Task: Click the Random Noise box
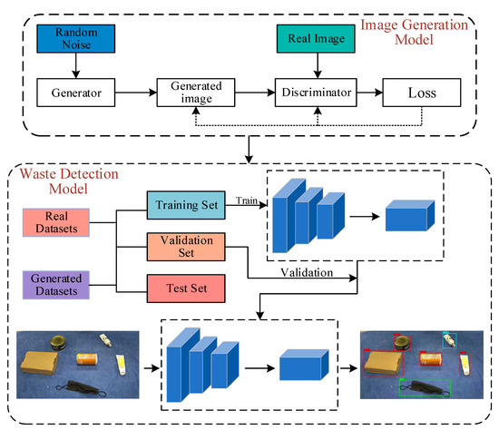[x=76, y=38]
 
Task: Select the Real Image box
[x=316, y=38]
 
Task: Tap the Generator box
[x=76, y=93]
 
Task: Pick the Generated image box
[x=196, y=93]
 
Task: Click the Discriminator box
[x=316, y=93]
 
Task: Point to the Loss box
[x=422, y=93]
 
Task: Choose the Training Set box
[x=186, y=205]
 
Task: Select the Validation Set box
[x=186, y=247]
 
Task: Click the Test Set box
[x=186, y=288]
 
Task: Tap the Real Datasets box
[x=56, y=222]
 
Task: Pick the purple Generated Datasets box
[x=56, y=285]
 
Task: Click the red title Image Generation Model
[x=414, y=32]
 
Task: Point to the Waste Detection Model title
[x=69, y=181]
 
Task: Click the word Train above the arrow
[x=247, y=200]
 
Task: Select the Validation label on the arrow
[x=307, y=272]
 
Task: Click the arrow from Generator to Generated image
[x=136, y=93]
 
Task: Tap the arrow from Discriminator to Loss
[x=370, y=93]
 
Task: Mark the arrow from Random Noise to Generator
[x=75, y=65]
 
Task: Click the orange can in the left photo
[x=87, y=359]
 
